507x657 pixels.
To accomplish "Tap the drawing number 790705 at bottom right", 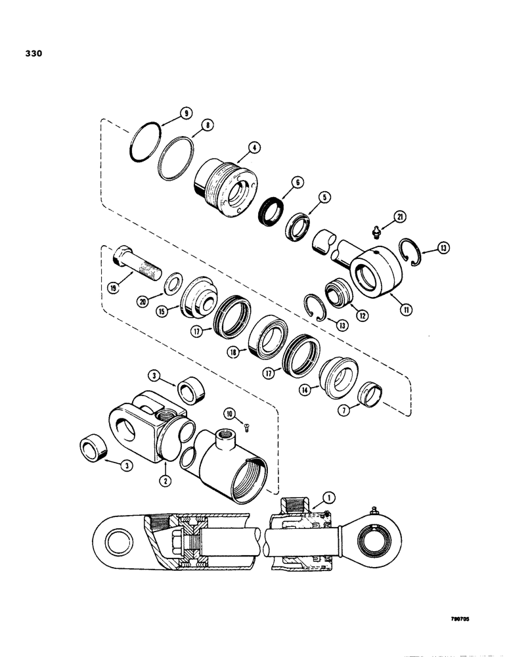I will click(463, 618).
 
